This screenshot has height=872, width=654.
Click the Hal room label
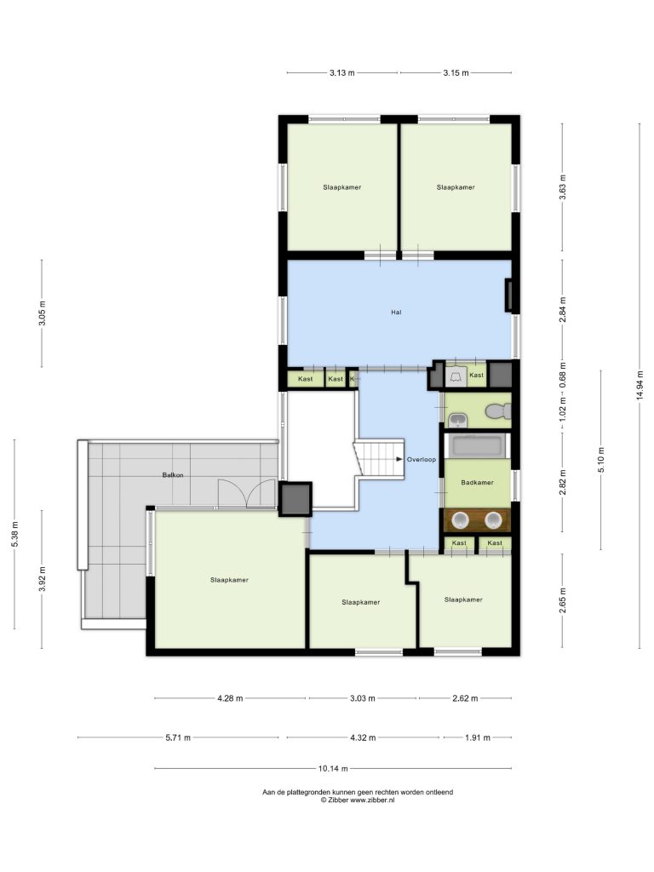click(x=396, y=313)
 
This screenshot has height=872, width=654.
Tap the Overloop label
click(x=421, y=460)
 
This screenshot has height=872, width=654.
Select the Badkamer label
click(x=477, y=483)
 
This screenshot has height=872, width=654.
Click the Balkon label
click(x=172, y=475)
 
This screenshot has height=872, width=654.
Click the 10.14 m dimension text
click(x=333, y=769)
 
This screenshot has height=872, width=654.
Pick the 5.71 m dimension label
click(x=178, y=737)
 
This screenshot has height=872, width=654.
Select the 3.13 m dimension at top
click(x=342, y=72)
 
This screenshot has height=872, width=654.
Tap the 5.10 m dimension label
click(x=601, y=459)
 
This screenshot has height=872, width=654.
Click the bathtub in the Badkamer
click(x=477, y=446)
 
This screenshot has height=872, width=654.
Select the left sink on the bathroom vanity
click(x=460, y=520)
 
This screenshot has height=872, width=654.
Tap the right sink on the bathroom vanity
click(x=493, y=520)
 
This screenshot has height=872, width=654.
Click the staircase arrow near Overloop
click(x=399, y=459)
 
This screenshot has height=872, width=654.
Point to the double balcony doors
click(x=248, y=494)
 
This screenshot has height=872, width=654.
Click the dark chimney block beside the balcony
click(x=295, y=499)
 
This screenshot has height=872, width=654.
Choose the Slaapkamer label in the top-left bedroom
click(x=342, y=187)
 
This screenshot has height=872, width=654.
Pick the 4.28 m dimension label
click(x=230, y=698)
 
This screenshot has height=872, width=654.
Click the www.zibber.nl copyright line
click(x=358, y=800)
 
